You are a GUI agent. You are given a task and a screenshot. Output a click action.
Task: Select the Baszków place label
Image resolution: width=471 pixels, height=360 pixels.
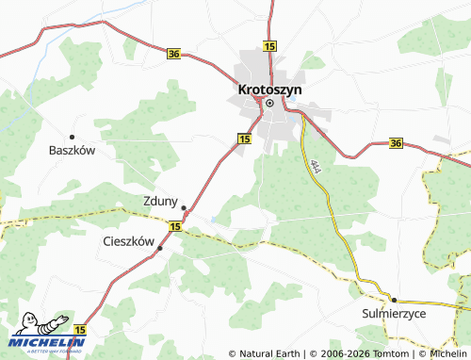(x=73, y=150)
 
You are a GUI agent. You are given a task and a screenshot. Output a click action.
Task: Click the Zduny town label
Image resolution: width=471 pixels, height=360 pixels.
(x=160, y=200)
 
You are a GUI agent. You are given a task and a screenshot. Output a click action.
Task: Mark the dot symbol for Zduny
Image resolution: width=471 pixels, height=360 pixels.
(x=184, y=208)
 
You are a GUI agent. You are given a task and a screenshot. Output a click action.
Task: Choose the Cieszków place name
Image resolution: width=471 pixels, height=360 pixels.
(x=127, y=241)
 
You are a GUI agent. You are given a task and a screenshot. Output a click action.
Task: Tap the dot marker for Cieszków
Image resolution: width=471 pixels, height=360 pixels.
(x=160, y=248)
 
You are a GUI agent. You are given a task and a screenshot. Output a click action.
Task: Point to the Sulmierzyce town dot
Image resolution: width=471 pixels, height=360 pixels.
(x=395, y=298)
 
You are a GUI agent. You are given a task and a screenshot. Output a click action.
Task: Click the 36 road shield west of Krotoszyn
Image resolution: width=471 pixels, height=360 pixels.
(x=173, y=55)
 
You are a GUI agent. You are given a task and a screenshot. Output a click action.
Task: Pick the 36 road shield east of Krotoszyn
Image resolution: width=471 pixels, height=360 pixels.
(x=396, y=143)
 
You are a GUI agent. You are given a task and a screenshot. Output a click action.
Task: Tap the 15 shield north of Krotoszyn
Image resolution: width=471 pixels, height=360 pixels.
(x=270, y=45)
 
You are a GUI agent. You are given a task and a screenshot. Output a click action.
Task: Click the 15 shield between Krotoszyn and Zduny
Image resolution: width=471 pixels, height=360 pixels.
(x=244, y=138)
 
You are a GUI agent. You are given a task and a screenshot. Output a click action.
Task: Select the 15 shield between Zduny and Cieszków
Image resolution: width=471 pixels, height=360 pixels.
(x=176, y=226)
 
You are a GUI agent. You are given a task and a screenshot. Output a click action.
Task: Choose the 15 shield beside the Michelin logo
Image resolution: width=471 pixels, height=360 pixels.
(x=80, y=330)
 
